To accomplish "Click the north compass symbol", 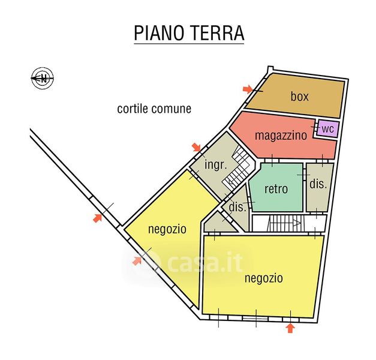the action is click(43, 78).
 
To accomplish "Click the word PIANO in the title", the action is click(159, 33).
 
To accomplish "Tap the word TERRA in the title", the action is click(216, 33).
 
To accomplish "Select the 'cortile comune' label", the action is click(154, 109).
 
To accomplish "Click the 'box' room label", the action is click(299, 96).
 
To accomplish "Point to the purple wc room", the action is click(327, 129).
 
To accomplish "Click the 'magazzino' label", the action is click(281, 136).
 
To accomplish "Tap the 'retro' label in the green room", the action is click(276, 189).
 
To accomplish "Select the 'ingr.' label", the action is click(215, 165).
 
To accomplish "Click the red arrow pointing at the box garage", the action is click(248, 89).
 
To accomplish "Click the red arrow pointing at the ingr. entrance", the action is click(196, 147).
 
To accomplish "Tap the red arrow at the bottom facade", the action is click(290, 328).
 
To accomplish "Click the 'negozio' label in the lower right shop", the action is click(263, 278).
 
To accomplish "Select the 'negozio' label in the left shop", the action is click(167, 229).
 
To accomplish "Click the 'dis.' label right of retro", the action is click(318, 184).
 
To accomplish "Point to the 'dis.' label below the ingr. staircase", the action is click(237, 207).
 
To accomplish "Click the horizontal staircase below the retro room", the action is click(284, 223).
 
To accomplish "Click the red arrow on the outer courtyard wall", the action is click(97, 218).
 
